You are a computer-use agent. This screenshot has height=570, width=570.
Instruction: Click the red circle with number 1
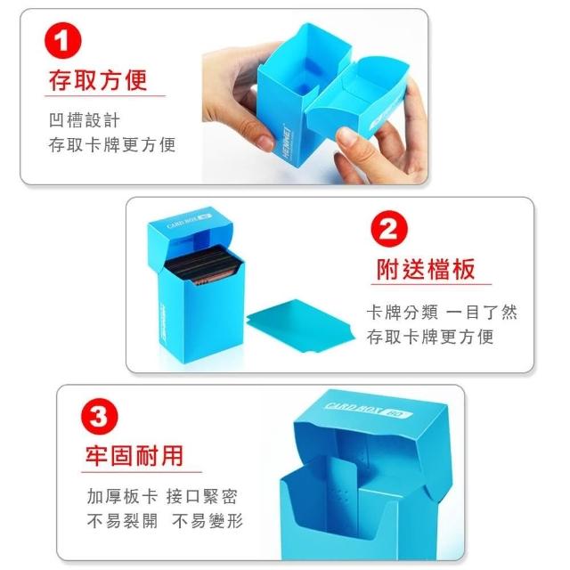tap(62, 40)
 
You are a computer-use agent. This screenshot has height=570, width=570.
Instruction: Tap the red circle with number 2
tap(389, 229)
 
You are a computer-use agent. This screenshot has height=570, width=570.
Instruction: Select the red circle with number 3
tap(99, 416)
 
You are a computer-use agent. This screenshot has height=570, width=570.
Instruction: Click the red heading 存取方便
tap(98, 80)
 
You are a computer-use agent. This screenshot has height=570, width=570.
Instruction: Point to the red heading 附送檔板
tap(426, 269)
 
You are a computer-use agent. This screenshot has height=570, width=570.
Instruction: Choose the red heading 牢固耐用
tap(134, 455)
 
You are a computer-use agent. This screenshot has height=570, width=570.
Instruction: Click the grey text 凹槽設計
tap(85, 120)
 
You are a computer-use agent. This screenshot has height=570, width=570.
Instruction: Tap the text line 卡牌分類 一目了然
tap(442, 313)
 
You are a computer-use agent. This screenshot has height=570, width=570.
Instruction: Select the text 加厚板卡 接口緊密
tap(162, 497)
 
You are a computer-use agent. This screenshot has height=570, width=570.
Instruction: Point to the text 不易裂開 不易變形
tap(165, 521)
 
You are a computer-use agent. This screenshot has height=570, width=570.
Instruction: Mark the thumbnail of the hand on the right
tap(347, 136)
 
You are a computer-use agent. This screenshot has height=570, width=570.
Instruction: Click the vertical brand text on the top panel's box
tap(288, 142)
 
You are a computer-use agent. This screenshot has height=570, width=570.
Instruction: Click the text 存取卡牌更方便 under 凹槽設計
tap(112, 144)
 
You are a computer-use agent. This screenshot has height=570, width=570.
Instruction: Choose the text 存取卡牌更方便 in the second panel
tap(430, 337)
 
